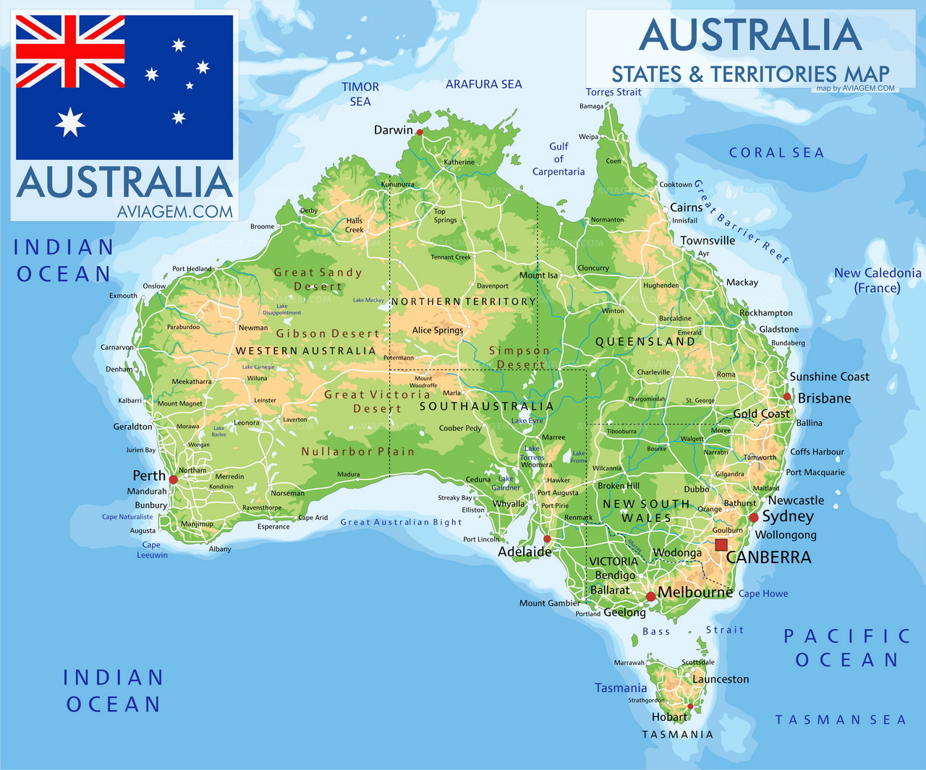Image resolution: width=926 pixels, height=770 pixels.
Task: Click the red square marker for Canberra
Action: (721, 544)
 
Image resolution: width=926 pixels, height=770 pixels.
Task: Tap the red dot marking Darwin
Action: (420, 132)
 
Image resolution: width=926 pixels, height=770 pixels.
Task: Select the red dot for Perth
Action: (173, 479)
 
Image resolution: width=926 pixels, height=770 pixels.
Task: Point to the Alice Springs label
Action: (438, 330)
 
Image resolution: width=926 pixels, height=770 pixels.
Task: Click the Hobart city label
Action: (669, 717)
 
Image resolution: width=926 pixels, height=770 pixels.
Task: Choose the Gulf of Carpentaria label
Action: (558, 159)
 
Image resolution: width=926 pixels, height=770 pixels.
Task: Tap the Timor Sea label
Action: (360, 94)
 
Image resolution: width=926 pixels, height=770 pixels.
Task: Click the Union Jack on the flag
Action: (70, 51)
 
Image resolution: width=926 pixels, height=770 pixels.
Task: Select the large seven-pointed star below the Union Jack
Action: (70, 122)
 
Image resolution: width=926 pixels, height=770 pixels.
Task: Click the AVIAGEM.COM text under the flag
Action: (175, 211)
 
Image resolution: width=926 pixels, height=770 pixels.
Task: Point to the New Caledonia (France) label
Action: (878, 281)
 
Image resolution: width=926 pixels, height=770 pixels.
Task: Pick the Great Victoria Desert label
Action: (377, 401)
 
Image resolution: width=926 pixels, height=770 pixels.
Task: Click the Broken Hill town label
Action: (619, 486)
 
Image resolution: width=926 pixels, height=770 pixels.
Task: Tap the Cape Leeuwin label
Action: (152, 550)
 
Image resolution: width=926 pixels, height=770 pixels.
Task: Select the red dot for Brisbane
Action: (787, 396)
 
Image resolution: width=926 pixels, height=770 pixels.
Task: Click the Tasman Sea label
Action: (841, 720)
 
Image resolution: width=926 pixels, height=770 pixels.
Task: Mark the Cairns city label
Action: (686, 208)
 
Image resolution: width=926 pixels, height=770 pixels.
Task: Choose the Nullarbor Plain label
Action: (358, 452)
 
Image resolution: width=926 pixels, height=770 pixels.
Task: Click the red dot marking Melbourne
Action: (650, 596)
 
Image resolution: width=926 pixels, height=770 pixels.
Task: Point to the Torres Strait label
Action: (613, 92)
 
